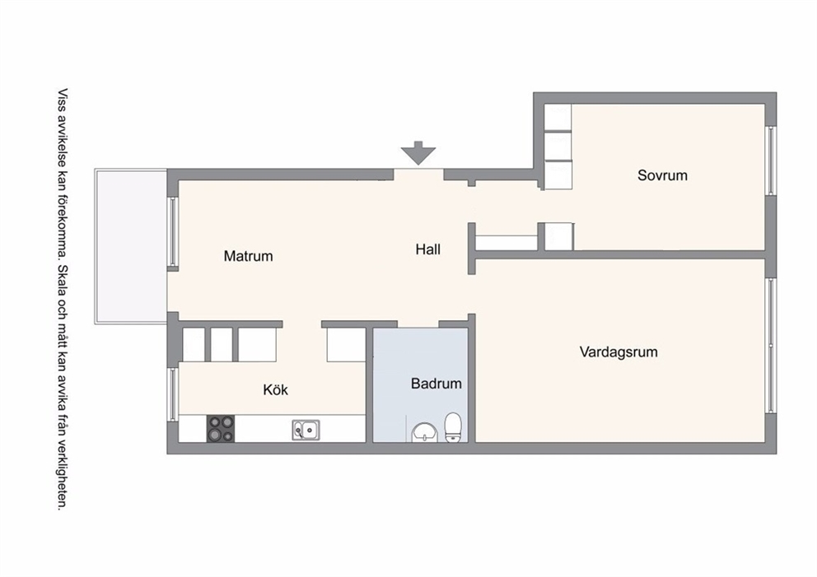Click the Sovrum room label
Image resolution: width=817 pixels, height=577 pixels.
[662, 175]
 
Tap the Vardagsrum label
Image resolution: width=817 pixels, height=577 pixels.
[619, 352]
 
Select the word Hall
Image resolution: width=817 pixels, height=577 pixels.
[427, 249]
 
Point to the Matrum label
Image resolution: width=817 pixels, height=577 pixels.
[248, 256]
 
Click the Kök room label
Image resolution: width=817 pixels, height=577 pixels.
[275, 389]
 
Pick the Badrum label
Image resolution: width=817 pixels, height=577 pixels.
[437, 384]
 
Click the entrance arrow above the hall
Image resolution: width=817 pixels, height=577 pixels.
[418, 153]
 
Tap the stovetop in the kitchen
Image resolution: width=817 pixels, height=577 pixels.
[221, 429]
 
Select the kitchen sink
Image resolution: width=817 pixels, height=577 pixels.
[306, 430]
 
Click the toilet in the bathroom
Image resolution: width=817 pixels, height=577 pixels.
[453, 427]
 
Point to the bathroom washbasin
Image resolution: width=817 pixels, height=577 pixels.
[426, 433]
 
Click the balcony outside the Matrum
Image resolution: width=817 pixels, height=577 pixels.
[131, 246]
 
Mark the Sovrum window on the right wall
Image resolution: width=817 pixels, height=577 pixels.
[771, 161]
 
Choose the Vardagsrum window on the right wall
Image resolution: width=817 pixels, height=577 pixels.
[771, 346]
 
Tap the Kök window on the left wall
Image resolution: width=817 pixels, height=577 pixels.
[172, 393]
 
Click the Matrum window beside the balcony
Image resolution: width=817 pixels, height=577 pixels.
[172, 232]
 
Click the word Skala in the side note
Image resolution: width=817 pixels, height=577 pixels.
[63, 281]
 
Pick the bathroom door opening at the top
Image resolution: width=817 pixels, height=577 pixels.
[418, 324]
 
